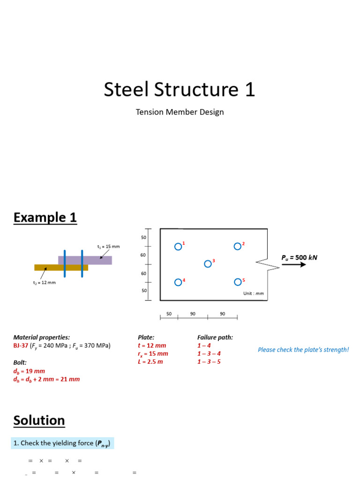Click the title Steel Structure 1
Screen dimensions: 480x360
point(180,90)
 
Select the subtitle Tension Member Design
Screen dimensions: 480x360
point(180,112)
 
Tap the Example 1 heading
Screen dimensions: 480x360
point(45,217)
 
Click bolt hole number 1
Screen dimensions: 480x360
point(178,247)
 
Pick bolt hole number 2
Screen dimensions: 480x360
point(238,247)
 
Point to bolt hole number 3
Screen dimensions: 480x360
point(208,264)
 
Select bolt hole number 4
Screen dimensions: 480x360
point(178,282)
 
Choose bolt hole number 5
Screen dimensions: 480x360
point(238,282)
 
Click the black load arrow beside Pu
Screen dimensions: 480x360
point(294,264)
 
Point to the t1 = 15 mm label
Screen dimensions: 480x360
point(109,246)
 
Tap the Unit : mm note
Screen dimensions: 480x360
point(254,293)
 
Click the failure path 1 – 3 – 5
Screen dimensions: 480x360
point(209,361)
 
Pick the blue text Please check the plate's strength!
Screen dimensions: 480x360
point(303,350)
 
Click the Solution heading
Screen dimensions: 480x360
point(39,420)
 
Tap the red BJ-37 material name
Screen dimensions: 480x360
point(21,346)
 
